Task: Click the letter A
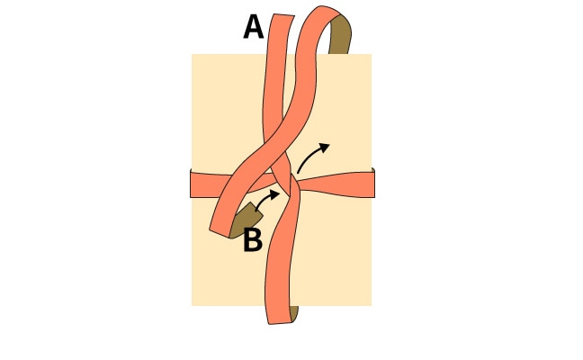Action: [x=253, y=28]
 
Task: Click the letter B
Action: [x=253, y=240]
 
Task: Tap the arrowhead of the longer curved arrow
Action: [x=324, y=148]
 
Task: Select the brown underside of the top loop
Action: [x=340, y=34]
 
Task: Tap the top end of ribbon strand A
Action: [x=283, y=15]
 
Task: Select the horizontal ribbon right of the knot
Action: [x=337, y=184]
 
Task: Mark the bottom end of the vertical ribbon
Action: [x=280, y=323]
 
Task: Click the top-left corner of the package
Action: [x=192, y=54]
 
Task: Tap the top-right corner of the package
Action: [x=371, y=54]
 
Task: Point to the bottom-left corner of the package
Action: [x=192, y=306]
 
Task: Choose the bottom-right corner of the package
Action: [x=371, y=306]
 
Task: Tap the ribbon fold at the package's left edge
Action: [x=191, y=184]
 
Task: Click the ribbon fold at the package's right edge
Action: [x=373, y=183]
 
